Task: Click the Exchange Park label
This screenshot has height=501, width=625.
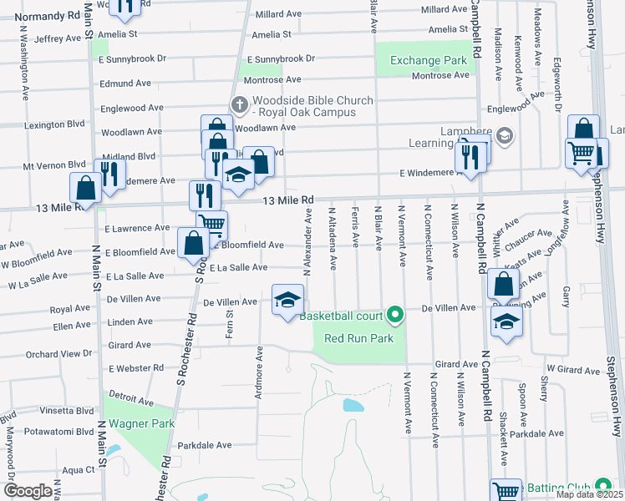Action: click(x=428, y=61)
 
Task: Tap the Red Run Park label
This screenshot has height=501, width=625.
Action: click(x=358, y=338)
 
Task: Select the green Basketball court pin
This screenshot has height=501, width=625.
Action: click(x=395, y=316)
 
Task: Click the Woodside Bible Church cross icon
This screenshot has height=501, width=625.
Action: click(x=239, y=104)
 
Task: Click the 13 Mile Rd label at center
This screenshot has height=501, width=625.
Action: click(x=287, y=200)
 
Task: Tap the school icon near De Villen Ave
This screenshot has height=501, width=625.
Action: click(x=287, y=301)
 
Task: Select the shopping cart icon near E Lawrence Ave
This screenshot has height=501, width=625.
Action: click(x=212, y=225)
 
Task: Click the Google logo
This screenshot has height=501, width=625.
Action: click(x=27, y=491)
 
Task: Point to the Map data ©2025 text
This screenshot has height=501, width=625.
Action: click(x=589, y=494)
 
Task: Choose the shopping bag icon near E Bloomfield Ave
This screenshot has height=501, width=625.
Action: click(x=193, y=244)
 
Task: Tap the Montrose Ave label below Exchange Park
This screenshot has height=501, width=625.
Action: click(x=442, y=76)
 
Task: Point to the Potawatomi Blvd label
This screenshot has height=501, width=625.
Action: click(x=58, y=432)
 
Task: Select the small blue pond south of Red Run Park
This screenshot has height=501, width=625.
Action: click(x=353, y=406)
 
